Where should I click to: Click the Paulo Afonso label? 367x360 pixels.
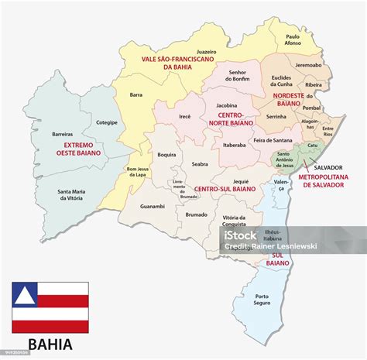292,40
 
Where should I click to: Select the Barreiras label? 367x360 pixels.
62,134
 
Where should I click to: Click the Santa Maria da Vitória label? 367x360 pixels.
70,194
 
